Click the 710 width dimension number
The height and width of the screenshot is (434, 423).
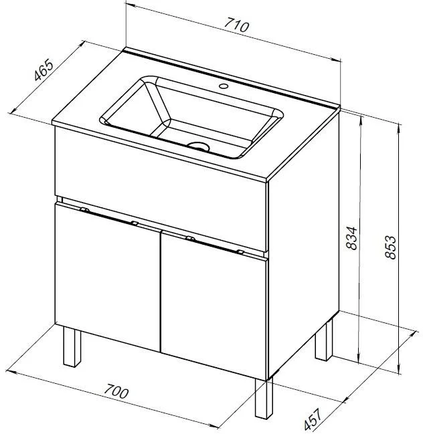[236, 25]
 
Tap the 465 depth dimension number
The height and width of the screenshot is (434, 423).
[44, 70]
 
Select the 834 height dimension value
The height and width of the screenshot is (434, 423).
[352, 238]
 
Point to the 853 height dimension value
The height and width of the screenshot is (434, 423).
[391, 247]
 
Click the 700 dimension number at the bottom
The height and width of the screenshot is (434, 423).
[116, 391]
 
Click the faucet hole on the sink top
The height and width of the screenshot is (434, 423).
[224, 86]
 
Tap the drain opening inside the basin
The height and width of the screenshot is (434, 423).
[198, 146]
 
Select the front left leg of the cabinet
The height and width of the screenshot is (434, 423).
[72, 346]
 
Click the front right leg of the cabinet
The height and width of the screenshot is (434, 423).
[264, 399]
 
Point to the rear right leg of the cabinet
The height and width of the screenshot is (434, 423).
[324, 340]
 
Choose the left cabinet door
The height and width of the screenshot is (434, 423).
[108, 278]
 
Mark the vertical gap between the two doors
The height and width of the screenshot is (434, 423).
[161, 292]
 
